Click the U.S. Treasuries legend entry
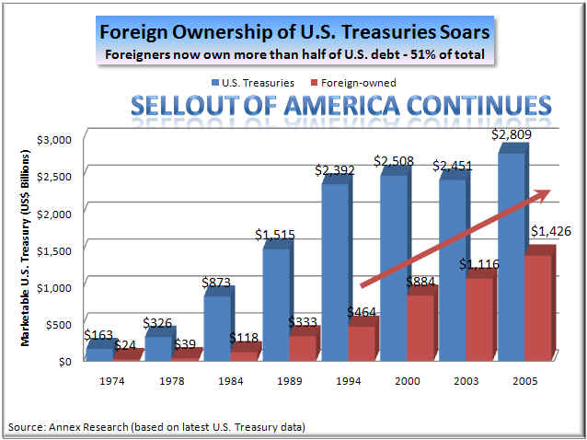click(x=256, y=82)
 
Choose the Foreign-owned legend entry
click(x=355, y=82)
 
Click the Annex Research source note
click(x=156, y=427)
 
